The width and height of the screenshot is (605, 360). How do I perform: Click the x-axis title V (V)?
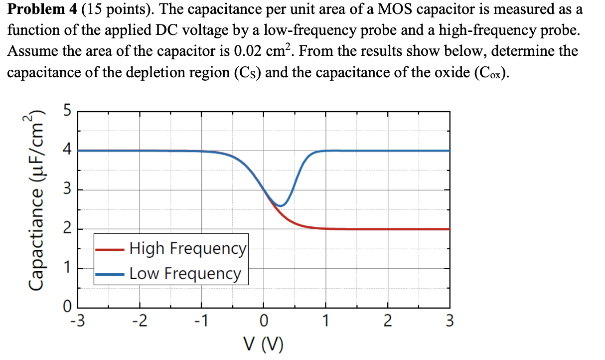[x=264, y=345]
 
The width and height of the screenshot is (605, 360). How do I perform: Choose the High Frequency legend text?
[x=187, y=248]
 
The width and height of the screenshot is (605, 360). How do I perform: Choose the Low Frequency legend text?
[x=185, y=273]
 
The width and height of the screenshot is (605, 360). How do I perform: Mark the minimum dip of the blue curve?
[x=282, y=205]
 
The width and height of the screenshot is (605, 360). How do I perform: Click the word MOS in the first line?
[x=379, y=9]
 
